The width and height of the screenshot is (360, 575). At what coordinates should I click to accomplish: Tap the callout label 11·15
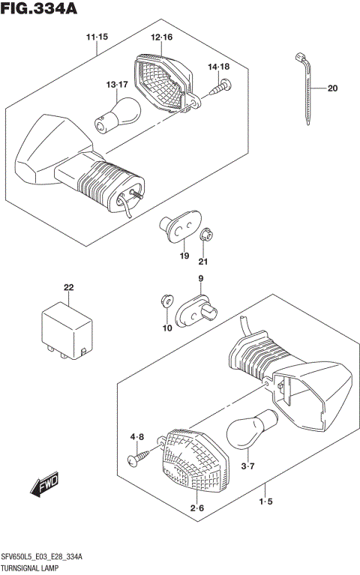pyautogui.click(x=97, y=37)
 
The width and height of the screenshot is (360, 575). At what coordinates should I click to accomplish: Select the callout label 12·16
pyautogui.click(x=161, y=37)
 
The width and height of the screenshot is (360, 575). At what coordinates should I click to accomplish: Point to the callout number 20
pyautogui.click(x=332, y=89)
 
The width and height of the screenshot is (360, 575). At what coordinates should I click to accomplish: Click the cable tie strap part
pyautogui.click(x=305, y=86)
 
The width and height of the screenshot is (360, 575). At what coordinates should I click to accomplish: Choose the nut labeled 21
pyautogui.click(x=206, y=235)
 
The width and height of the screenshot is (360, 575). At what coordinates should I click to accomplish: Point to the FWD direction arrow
pyautogui.click(x=46, y=487)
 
